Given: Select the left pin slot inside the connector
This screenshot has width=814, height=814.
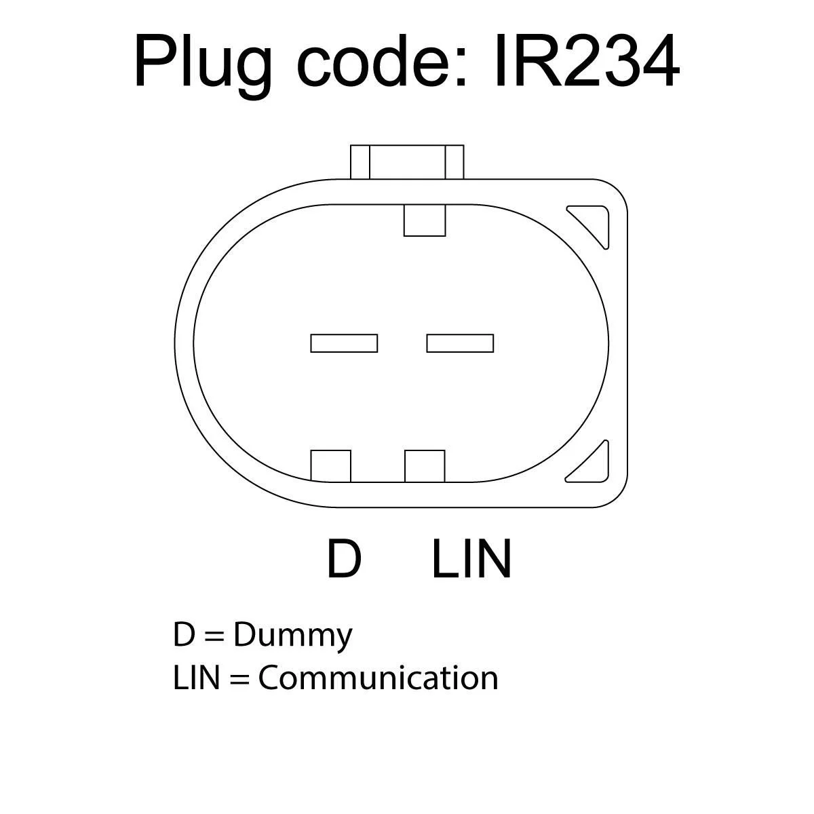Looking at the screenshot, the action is click(x=344, y=343).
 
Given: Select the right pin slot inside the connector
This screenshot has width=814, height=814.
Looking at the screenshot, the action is click(x=460, y=343).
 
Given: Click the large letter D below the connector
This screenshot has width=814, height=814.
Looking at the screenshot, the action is click(x=344, y=559).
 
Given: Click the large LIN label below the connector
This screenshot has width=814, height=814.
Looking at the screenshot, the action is click(x=471, y=559).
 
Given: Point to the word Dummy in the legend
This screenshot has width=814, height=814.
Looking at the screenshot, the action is click(x=293, y=636).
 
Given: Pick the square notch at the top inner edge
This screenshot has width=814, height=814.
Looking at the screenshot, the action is click(x=425, y=220).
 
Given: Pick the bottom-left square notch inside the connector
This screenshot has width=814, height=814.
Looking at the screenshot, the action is click(x=331, y=465).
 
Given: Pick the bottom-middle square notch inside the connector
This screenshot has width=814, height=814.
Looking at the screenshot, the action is click(x=425, y=465).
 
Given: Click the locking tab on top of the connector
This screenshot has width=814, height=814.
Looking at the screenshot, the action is click(x=407, y=162).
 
